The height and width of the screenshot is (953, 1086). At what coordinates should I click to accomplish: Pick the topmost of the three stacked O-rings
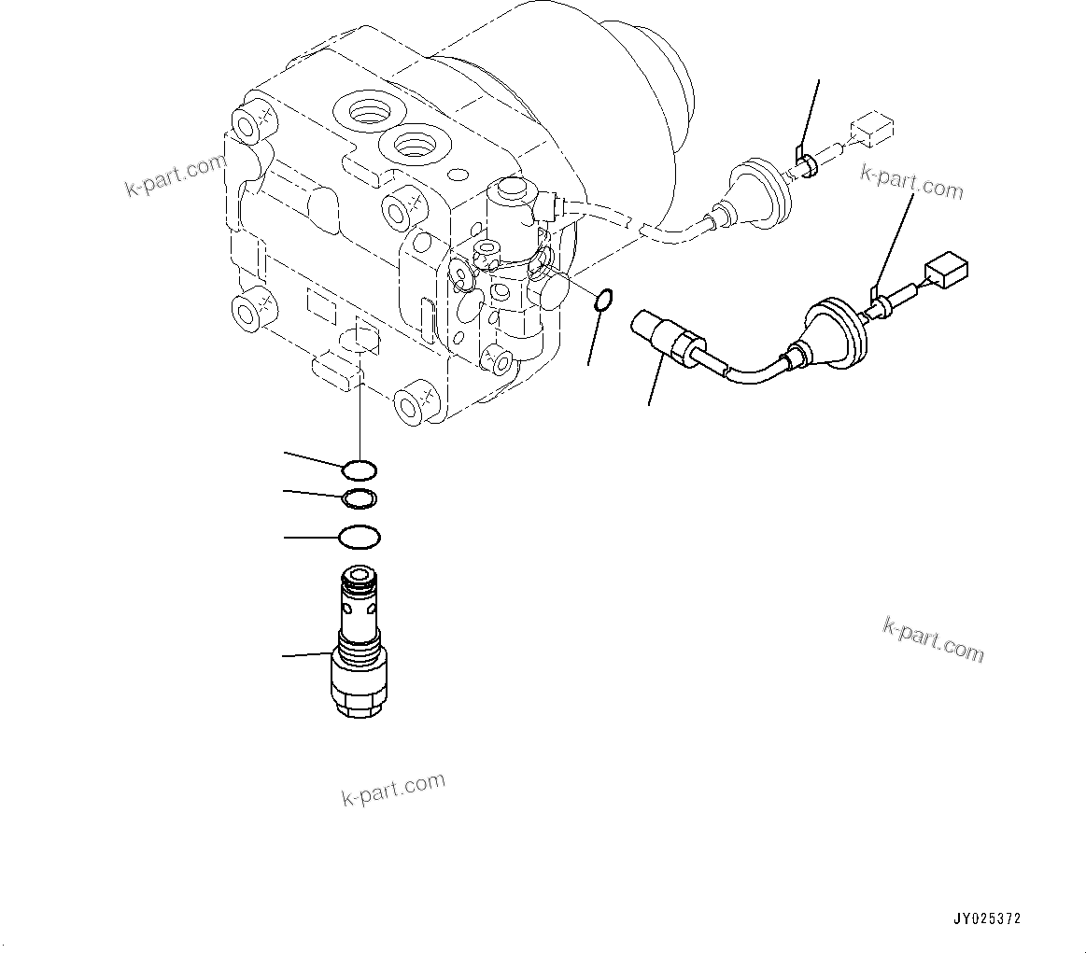(360, 469)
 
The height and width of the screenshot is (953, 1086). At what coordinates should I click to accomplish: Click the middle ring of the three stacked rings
(360, 499)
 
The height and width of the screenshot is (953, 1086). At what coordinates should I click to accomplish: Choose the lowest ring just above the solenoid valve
(360, 538)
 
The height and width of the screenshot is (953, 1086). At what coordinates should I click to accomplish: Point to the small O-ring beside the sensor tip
(603, 301)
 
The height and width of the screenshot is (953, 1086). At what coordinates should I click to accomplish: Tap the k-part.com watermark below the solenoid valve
(393, 790)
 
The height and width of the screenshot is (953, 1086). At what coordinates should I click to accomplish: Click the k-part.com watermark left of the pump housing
(176, 176)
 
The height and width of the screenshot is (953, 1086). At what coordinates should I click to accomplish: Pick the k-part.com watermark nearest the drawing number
(933, 638)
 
